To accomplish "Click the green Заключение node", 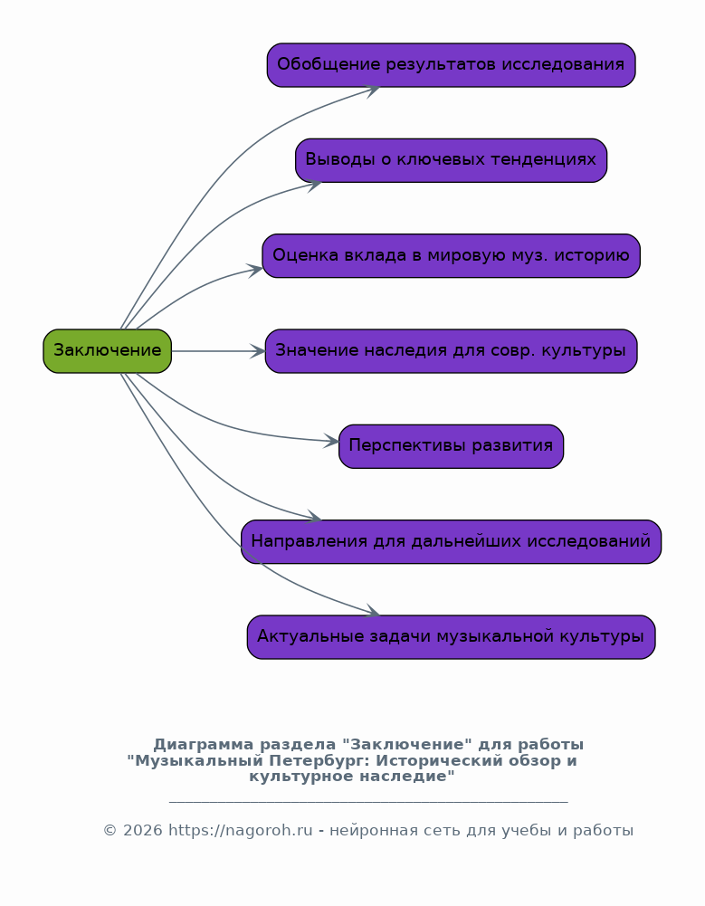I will tap(107, 351).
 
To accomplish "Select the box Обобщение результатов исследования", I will tap(451, 65).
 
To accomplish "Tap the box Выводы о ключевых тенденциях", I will tap(451, 160).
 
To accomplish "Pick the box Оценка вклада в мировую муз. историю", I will tap(451, 255).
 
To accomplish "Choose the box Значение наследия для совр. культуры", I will tap(451, 351).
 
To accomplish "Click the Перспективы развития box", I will tap(451, 446).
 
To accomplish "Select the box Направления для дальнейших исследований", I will tap(451, 541).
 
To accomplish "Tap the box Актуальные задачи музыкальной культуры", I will tap(451, 637).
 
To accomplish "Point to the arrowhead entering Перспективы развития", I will tap(332, 442).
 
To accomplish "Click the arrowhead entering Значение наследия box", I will tap(258, 351).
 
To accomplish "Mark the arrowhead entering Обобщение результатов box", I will tap(371, 88).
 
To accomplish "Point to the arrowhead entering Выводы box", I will tap(314, 184).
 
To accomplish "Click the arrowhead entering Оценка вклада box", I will tap(255, 269).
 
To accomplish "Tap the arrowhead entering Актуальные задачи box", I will tap(372, 614).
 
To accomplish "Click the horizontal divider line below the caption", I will tap(367, 802).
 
